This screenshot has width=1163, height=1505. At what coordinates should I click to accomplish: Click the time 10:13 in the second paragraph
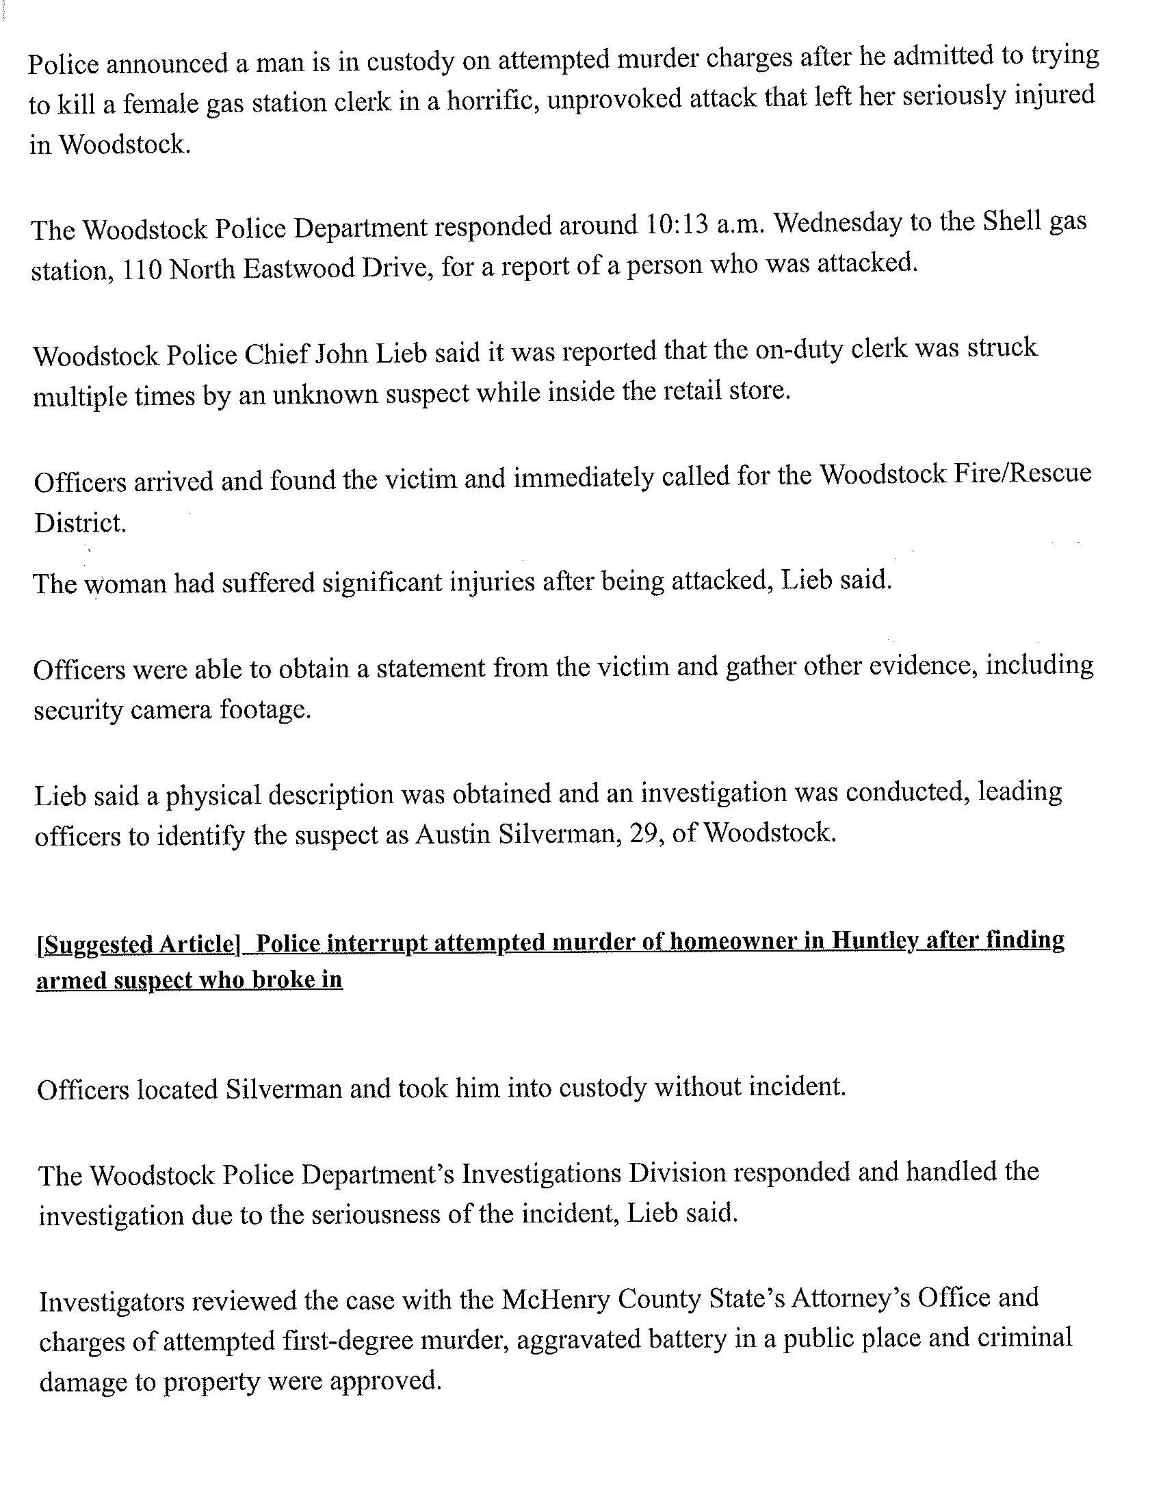tap(678, 225)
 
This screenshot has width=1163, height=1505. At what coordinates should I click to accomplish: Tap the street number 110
tap(142, 270)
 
